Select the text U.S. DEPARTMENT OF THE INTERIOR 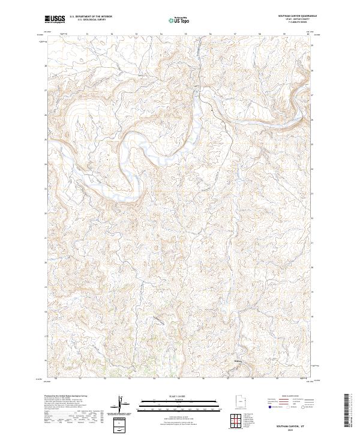click(x=90, y=17)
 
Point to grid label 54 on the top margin click(x=162, y=34)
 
